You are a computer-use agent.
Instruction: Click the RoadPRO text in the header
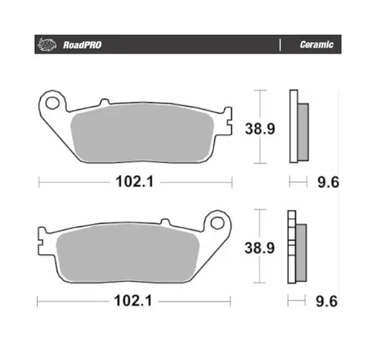pyautogui.click(x=82, y=45)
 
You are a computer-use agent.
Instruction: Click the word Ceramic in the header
pyautogui.click(x=317, y=44)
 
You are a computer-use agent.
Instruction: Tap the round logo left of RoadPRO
pyautogui.click(x=47, y=44)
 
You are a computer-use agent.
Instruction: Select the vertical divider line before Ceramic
pyautogui.click(x=280, y=45)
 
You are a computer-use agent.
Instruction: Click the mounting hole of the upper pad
pyautogui.click(x=53, y=103)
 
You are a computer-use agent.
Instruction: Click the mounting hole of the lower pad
pyautogui.click(x=217, y=223)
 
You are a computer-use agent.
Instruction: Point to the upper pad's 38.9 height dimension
pyautogui.click(x=260, y=129)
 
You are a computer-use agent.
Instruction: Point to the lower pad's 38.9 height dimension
pyautogui.click(x=259, y=248)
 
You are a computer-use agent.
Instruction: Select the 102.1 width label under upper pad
pyautogui.click(x=134, y=181)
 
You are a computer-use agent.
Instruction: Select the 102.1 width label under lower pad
pyautogui.click(x=133, y=301)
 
